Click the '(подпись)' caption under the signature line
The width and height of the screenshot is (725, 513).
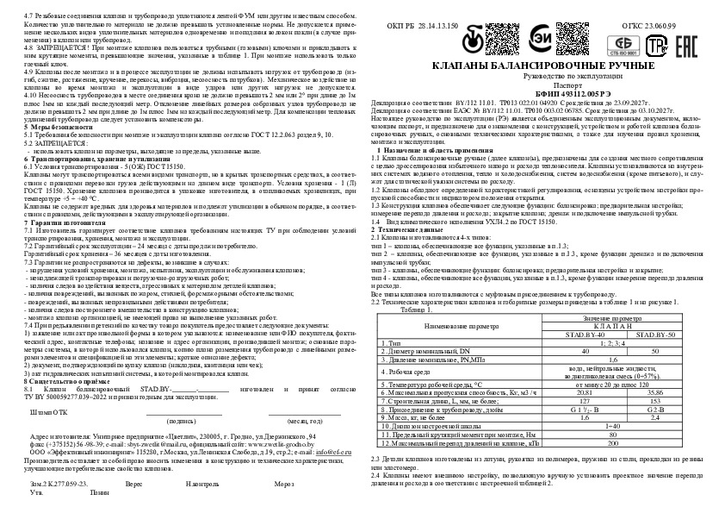click(181, 397)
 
